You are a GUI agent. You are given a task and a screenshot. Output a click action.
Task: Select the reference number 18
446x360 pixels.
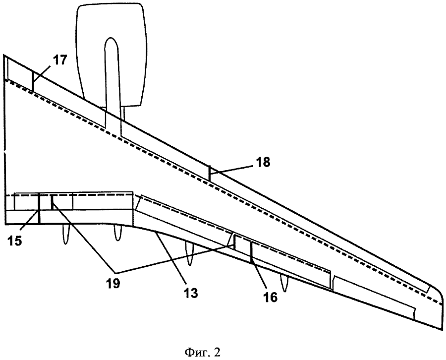(x=263, y=163)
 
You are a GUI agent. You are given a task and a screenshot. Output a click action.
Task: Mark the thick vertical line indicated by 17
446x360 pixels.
(x=33, y=80)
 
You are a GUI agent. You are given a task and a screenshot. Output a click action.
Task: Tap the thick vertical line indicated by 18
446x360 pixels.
(x=210, y=174)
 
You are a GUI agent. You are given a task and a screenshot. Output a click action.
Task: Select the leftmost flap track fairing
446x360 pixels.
(x=65, y=235)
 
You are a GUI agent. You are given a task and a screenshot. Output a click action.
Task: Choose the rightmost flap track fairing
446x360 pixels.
(x=283, y=283)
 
